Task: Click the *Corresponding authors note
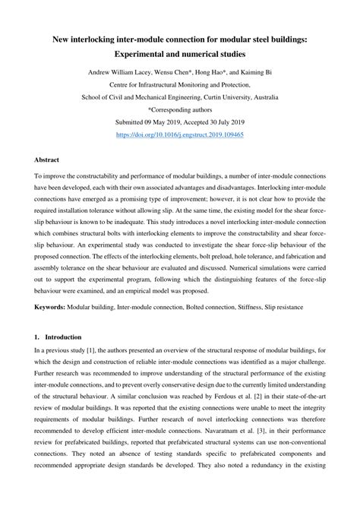(x=180, y=109)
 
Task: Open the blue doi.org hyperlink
(x=180, y=133)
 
